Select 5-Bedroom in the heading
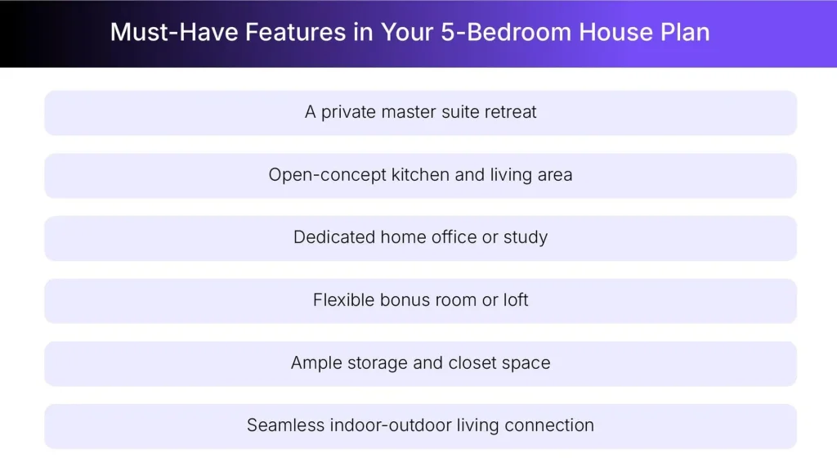(x=472, y=32)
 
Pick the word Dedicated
(x=333, y=237)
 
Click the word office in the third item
(x=454, y=237)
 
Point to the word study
(x=526, y=237)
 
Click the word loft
(x=516, y=300)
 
